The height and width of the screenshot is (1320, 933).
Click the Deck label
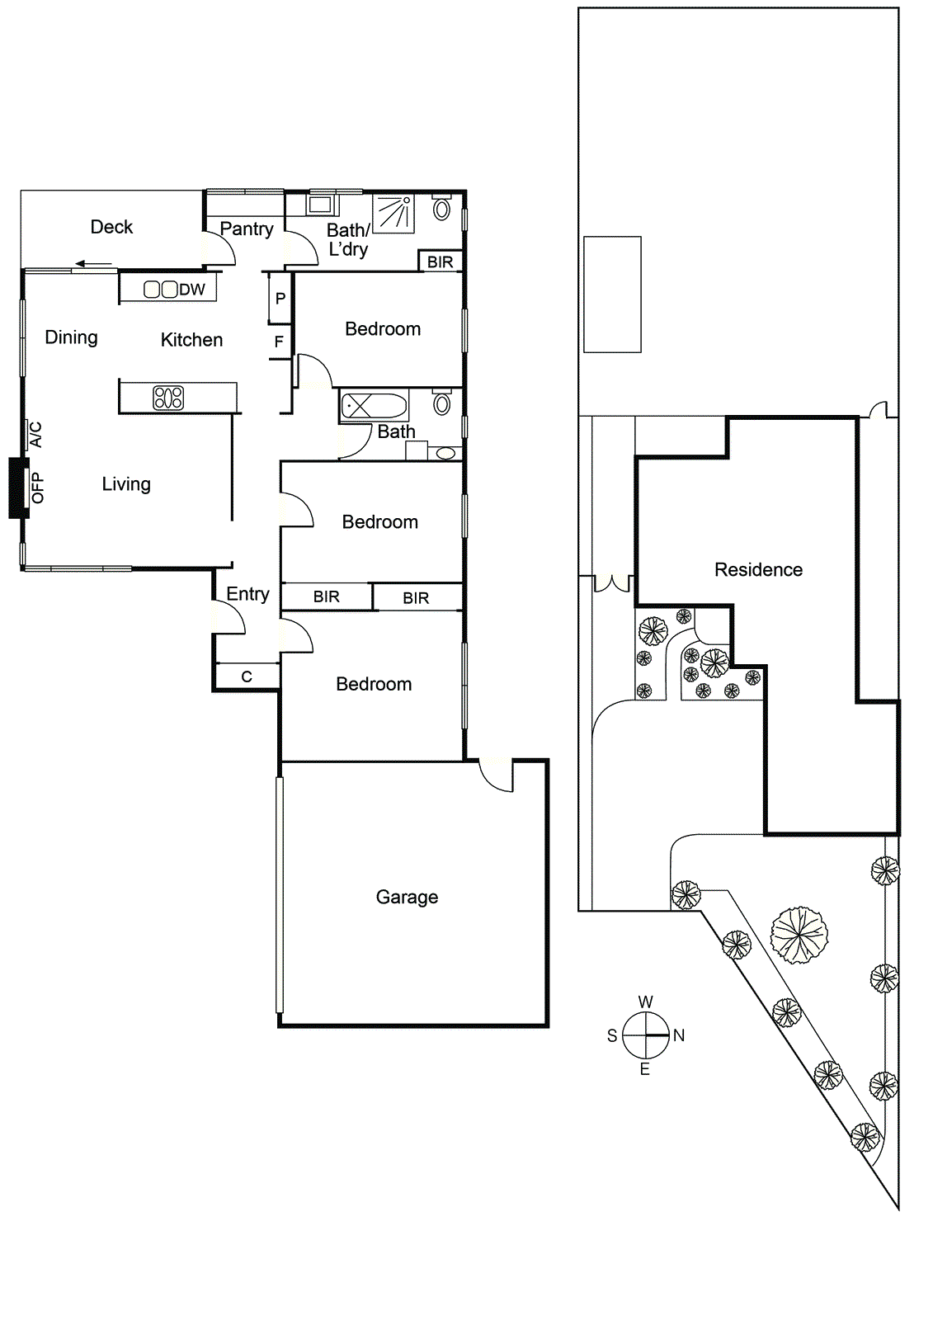[x=111, y=227]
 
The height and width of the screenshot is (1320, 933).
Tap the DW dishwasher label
[x=191, y=290]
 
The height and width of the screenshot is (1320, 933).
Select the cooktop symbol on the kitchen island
[x=168, y=398]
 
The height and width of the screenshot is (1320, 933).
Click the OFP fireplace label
[x=38, y=488]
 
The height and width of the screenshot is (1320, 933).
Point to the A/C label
[x=36, y=434]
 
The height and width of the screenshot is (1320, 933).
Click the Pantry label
[x=246, y=229]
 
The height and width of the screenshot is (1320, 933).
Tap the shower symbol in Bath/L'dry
[x=395, y=214]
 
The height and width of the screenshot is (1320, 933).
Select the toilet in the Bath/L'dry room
[x=441, y=209]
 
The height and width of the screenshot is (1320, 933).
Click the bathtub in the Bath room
[x=375, y=406]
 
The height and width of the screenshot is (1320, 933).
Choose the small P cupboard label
[x=280, y=299]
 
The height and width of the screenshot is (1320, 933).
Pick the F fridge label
[x=279, y=342]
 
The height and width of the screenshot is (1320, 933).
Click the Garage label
[x=407, y=897]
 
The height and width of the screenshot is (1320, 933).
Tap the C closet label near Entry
[x=246, y=676]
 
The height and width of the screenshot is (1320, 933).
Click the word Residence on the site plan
[x=758, y=570]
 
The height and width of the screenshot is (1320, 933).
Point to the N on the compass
[x=679, y=1035]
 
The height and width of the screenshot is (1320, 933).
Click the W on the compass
[x=645, y=1002]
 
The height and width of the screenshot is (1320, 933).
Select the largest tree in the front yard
[x=799, y=935]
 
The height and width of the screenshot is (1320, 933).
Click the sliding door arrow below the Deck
[x=93, y=265]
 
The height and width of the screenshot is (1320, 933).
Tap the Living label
[x=126, y=484]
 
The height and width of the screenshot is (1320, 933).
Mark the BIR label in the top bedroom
[x=440, y=262]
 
